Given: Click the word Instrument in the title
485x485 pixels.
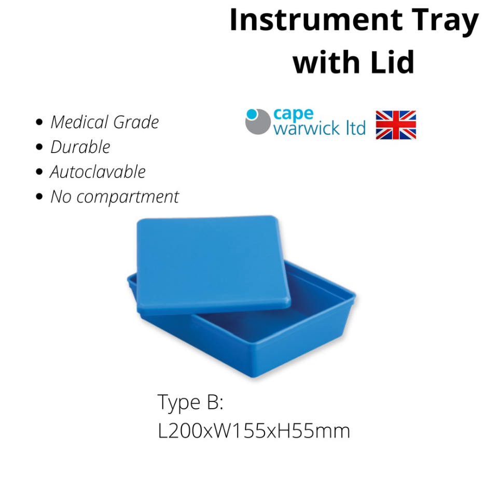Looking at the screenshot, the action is pos(316,20).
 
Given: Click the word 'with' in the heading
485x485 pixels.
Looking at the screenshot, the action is pos(326,62).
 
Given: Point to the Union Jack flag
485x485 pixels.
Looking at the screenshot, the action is pos(396,125).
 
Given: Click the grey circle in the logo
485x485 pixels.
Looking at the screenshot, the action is pos(258,122).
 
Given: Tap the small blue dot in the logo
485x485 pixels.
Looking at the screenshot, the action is pos(252,114).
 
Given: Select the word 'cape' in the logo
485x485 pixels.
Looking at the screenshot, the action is pos(293,115).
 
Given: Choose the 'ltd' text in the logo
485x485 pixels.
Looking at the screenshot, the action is pos(356,128).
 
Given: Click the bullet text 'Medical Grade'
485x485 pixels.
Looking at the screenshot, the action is pos(105,122).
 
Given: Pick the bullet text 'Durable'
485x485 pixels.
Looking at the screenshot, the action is pos(80,147).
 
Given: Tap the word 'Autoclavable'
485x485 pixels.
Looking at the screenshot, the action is pos(98,172).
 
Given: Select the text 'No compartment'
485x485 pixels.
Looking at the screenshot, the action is pos(115,197).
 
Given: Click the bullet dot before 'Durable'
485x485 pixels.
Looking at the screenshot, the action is pos(39,147).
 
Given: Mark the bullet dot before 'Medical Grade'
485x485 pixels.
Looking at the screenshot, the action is pos(39,122).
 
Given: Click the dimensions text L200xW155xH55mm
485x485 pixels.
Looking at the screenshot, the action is pos(254,431).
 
